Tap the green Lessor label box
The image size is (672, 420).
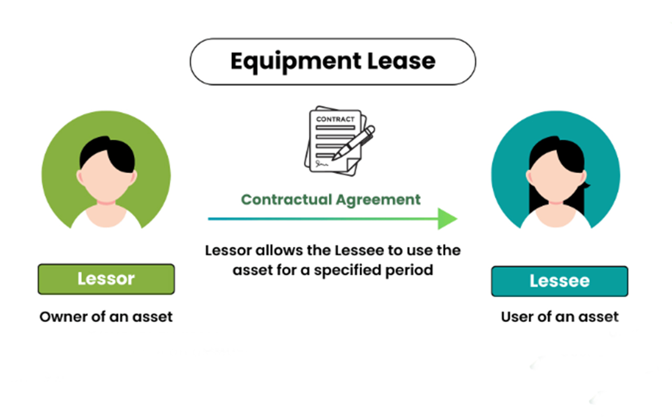pos(106,279)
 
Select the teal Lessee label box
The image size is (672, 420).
pos(560,281)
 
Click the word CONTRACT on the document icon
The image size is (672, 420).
pos(335,119)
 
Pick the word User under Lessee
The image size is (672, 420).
pos(516,317)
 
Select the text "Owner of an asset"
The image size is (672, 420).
pos(106,317)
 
